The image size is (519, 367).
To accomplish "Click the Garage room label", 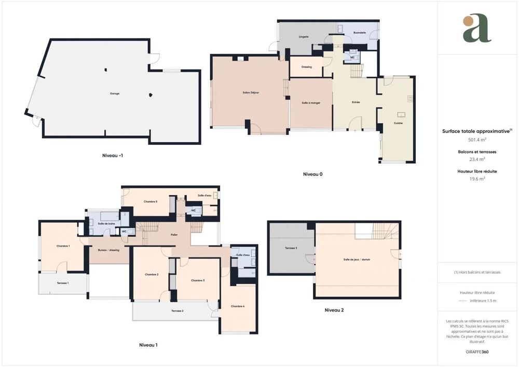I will pyautogui.click(x=115, y=93).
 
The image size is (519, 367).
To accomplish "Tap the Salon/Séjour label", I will pyautogui.click(x=251, y=92).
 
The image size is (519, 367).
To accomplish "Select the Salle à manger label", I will pyautogui.click(x=311, y=103).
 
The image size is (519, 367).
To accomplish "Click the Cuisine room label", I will pyautogui.click(x=398, y=123).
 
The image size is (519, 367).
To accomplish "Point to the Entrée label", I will pyautogui.click(x=356, y=102).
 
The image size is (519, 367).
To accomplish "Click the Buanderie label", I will pyautogui.click(x=360, y=33).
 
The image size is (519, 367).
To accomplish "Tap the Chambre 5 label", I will pyautogui.click(x=150, y=201).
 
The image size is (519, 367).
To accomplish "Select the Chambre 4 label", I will pyautogui.click(x=238, y=306).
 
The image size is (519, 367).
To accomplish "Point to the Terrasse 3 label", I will pyautogui.click(x=291, y=248).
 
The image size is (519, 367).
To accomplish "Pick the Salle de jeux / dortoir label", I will pyautogui.click(x=357, y=259).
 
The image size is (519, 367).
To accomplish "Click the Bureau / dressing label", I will pyautogui.click(x=108, y=250).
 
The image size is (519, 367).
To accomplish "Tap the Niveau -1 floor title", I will pyautogui.click(x=113, y=155).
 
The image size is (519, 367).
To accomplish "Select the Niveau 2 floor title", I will pyautogui.click(x=334, y=310).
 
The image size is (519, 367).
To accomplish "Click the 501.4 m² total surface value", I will pyautogui.click(x=477, y=140).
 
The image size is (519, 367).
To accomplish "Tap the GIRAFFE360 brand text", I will pyautogui.click(x=477, y=352).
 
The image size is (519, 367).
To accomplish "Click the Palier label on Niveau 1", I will pyautogui.click(x=174, y=235).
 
